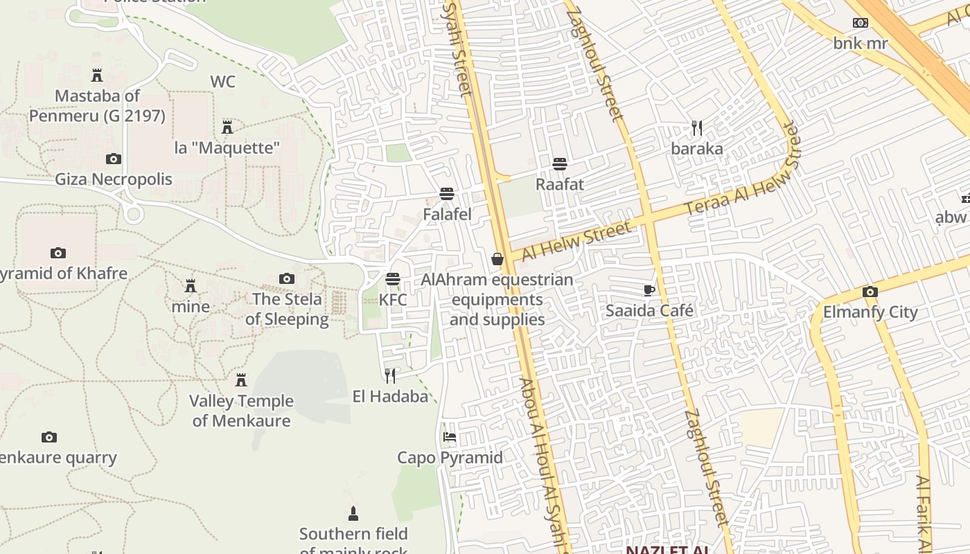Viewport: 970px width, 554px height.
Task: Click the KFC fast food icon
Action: (393, 279)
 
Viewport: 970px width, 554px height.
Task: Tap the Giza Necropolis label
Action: (114, 179)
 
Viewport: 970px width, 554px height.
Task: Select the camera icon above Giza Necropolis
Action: (114, 159)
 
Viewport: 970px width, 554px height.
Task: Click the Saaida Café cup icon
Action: (649, 290)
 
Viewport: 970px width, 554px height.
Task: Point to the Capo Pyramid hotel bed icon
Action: (450, 437)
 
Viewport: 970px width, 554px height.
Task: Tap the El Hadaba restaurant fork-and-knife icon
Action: (390, 376)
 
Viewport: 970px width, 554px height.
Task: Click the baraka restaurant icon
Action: (697, 128)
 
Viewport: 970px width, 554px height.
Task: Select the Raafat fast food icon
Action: (560, 164)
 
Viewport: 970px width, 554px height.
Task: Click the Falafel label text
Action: (448, 215)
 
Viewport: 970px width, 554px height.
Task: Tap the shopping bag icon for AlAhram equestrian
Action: (497, 260)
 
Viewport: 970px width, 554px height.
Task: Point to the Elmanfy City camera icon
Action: (870, 292)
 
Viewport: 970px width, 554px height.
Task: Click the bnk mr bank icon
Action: (861, 24)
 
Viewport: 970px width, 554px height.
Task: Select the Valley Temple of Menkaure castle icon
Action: (241, 380)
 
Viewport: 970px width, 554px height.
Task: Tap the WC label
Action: (223, 82)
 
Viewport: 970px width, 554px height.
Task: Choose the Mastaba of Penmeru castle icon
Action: (97, 75)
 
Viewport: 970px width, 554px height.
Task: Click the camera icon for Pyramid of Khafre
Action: (58, 253)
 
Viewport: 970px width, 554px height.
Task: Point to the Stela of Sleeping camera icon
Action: (287, 279)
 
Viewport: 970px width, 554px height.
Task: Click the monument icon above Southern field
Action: (353, 514)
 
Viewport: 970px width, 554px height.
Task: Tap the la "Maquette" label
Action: (227, 148)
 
